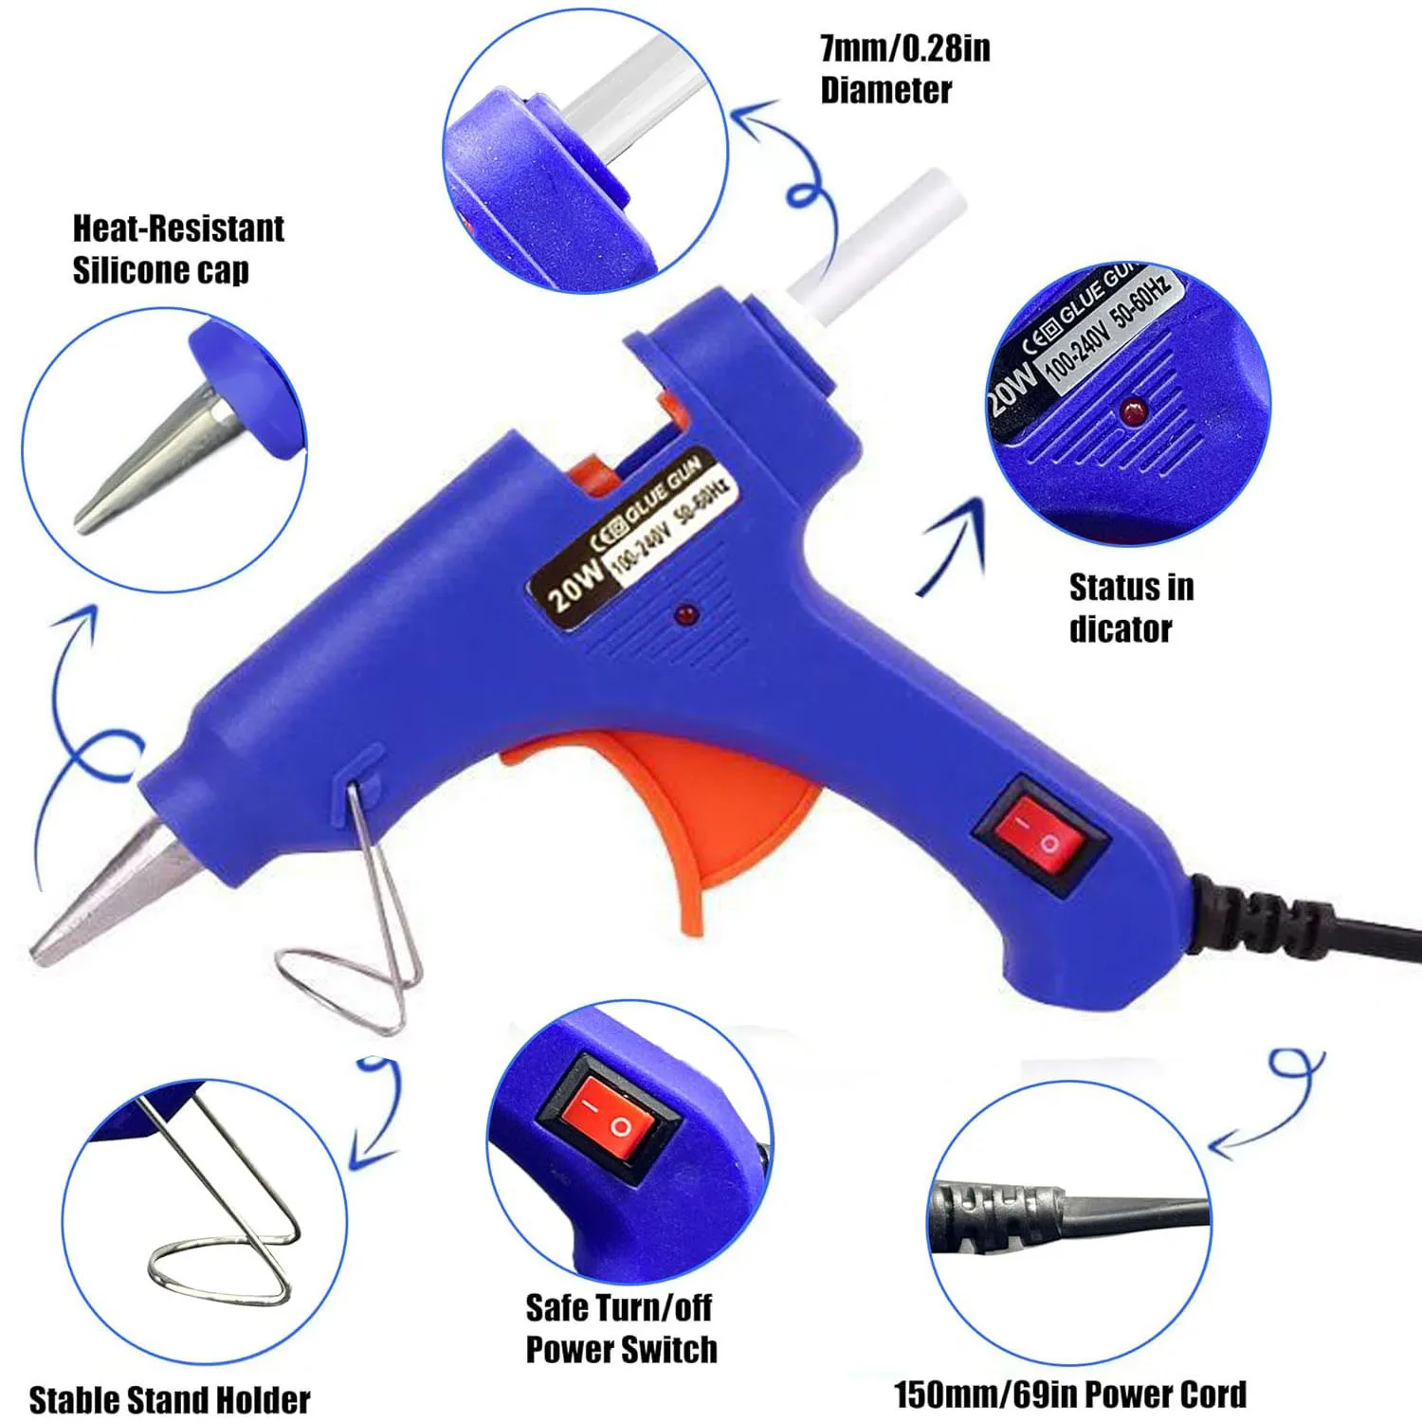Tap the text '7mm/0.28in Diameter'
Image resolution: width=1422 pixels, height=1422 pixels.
tap(903, 69)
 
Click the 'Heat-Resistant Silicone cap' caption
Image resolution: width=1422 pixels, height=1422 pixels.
tap(177, 249)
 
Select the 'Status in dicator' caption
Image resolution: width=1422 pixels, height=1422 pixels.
tap(1130, 608)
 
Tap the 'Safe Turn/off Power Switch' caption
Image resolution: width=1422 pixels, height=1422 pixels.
tap(621, 1328)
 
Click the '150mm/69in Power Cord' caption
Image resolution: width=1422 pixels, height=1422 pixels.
tap(1069, 1394)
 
